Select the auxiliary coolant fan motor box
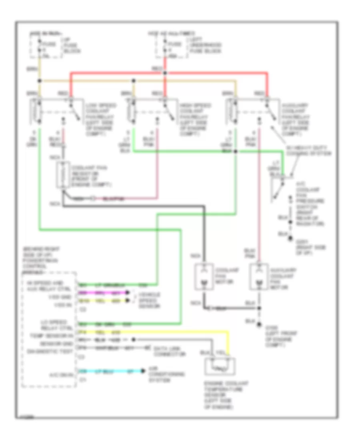pos(259,277)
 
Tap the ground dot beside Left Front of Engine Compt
pos(259,325)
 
